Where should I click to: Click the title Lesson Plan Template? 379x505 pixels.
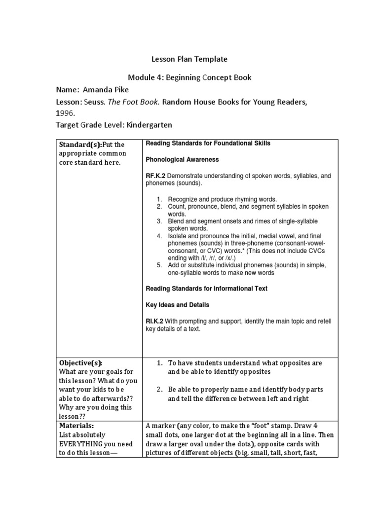[189, 59]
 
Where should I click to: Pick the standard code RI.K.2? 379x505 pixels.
[155, 322]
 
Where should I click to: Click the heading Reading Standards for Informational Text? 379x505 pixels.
[207, 289]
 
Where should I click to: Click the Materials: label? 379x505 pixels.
[76, 425]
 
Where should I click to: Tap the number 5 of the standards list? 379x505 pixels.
[160, 265]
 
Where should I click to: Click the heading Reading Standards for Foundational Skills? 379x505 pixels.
[208, 143]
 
